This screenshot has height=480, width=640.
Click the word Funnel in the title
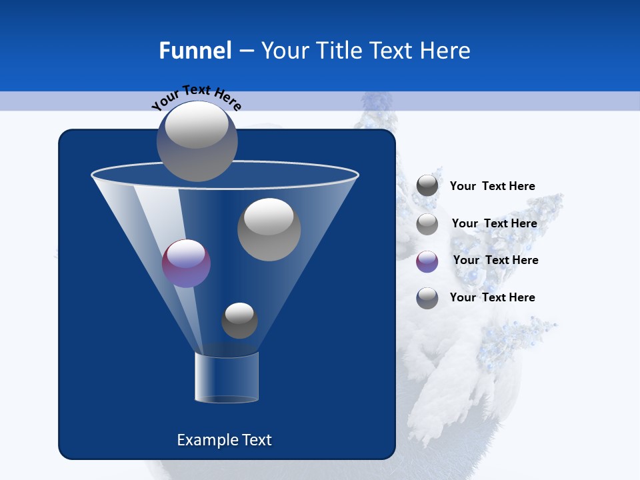pos(195,51)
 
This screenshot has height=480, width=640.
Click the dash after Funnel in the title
pos(246,51)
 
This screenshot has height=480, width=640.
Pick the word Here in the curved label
pos(228,101)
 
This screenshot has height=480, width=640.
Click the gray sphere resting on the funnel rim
pos(197,141)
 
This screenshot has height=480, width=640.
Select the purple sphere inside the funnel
pos(186,263)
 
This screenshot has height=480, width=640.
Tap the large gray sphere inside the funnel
pos(269,229)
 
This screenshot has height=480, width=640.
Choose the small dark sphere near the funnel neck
pos(239,320)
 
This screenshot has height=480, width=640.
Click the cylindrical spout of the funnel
pos(227,377)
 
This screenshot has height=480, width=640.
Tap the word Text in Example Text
pos(257,440)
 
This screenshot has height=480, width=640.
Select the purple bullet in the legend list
pos(427,261)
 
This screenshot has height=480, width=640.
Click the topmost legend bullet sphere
pos(427,186)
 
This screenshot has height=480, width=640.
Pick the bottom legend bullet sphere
pos(427,298)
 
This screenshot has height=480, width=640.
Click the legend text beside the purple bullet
pos(495,260)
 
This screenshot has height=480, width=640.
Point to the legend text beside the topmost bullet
pos(492,186)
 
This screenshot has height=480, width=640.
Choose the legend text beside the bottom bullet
pos(492,297)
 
